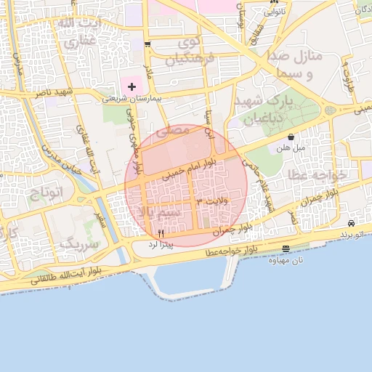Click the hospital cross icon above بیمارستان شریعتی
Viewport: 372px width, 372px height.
[132, 86]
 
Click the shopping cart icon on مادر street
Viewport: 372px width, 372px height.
[147, 44]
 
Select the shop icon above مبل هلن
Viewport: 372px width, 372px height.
[291, 137]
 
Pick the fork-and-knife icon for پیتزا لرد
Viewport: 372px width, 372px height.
[161, 232]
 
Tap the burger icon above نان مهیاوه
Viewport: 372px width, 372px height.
[286, 249]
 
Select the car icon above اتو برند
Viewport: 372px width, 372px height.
[352, 224]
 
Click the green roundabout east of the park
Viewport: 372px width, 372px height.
[330, 110]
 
